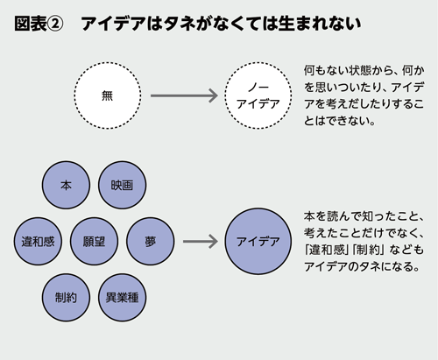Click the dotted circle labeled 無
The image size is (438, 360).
click(x=108, y=95)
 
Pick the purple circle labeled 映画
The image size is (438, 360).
click(x=122, y=187)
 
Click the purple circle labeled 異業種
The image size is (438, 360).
click(x=122, y=294)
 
